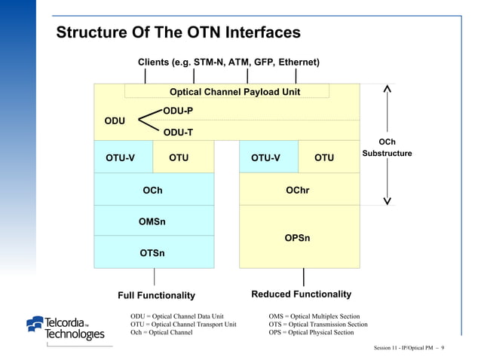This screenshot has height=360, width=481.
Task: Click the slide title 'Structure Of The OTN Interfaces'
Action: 179,33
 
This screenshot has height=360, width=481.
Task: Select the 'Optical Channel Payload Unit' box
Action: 234,92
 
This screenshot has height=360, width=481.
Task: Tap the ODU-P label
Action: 178,111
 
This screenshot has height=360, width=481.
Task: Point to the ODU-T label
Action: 178,133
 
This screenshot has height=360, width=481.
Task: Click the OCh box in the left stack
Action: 153,191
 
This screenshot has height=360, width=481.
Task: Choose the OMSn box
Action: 153,221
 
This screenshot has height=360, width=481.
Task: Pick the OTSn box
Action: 153,253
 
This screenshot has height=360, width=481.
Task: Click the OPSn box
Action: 297,238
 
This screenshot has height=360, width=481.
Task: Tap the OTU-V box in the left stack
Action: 121,157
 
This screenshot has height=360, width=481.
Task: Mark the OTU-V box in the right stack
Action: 265,157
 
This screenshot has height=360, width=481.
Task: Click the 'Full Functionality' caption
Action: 157,295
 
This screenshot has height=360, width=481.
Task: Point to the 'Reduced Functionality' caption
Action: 301,294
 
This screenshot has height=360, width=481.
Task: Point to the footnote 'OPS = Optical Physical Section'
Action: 311,332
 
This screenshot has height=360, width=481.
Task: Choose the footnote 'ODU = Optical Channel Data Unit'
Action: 177,316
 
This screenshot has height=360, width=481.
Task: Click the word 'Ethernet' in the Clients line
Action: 299,61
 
